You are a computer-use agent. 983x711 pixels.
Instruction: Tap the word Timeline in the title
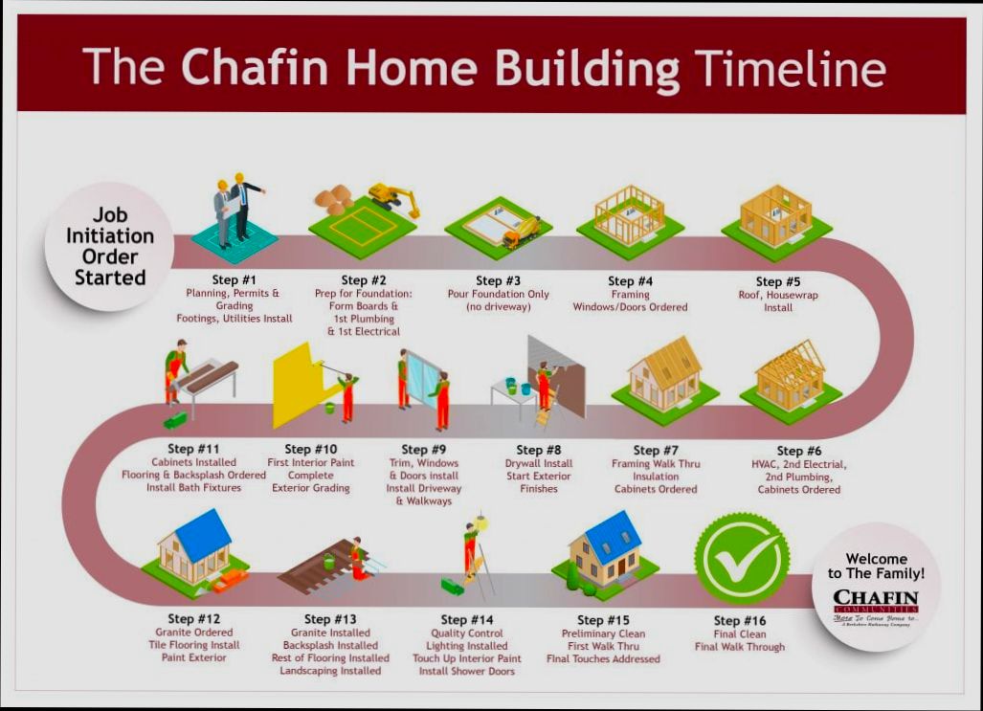coord(790,68)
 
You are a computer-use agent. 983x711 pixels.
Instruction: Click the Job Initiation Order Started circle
coord(109,246)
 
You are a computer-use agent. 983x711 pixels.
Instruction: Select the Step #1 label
coord(235,279)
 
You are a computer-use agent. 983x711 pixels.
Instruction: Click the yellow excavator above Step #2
coord(393,197)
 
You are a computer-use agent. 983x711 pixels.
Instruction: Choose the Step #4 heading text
coord(631,281)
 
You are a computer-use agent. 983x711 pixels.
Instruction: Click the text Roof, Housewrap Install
coord(777,301)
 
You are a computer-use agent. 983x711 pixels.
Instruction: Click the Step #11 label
coord(193,449)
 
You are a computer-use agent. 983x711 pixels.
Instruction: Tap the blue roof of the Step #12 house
coord(203,534)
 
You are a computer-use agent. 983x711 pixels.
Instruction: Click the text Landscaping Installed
coord(330,671)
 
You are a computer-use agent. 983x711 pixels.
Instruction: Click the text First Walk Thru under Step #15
coord(603,646)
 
